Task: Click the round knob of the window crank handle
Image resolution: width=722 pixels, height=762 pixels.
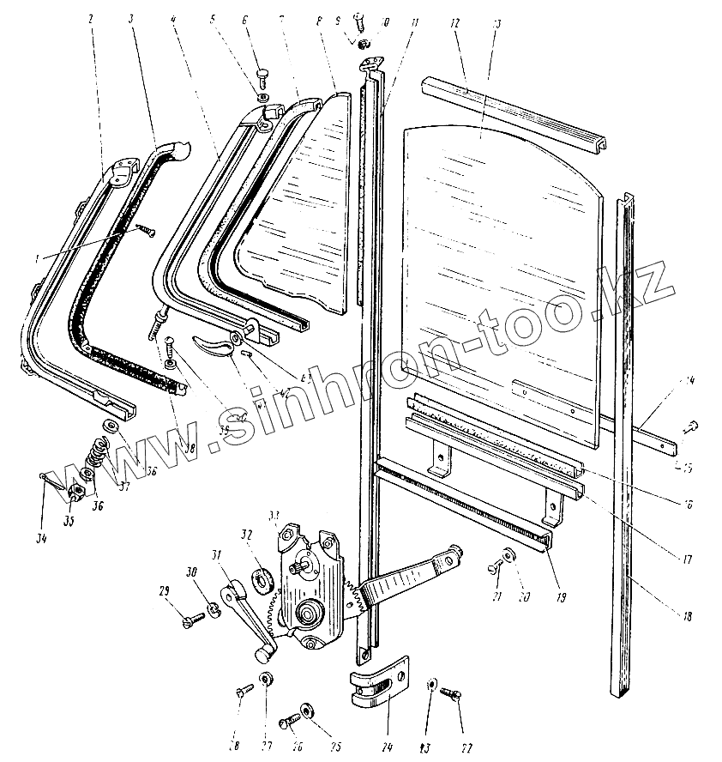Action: (x=262, y=655)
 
